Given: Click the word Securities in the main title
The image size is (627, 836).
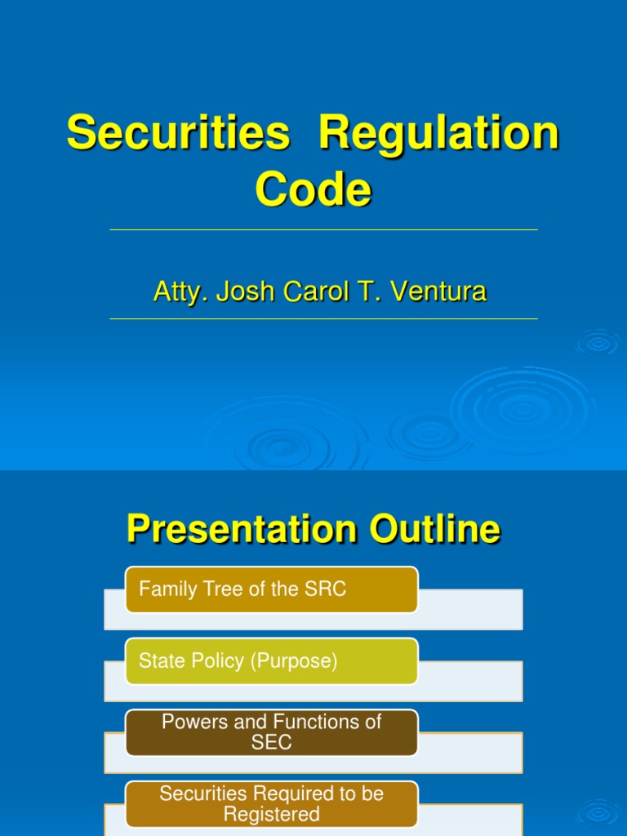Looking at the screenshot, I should [178, 133].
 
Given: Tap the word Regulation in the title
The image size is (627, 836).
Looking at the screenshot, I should [438, 133].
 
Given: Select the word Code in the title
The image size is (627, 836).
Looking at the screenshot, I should [313, 190].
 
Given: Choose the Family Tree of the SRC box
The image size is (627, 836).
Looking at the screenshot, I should [271, 589].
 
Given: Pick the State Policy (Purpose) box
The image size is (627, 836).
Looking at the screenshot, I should [271, 661].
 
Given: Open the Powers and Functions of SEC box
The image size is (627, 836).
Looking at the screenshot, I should [271, 732].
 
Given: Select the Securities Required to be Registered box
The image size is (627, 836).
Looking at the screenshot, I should [271, 803].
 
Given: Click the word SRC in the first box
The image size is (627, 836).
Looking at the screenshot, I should [327, 589].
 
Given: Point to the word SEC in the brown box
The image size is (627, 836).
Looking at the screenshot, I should [272, 743].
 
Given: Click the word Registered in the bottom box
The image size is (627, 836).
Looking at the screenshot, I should [272, 814].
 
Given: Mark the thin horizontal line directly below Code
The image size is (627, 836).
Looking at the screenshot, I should [323, 230].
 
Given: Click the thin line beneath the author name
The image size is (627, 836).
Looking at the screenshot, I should [323, 318].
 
